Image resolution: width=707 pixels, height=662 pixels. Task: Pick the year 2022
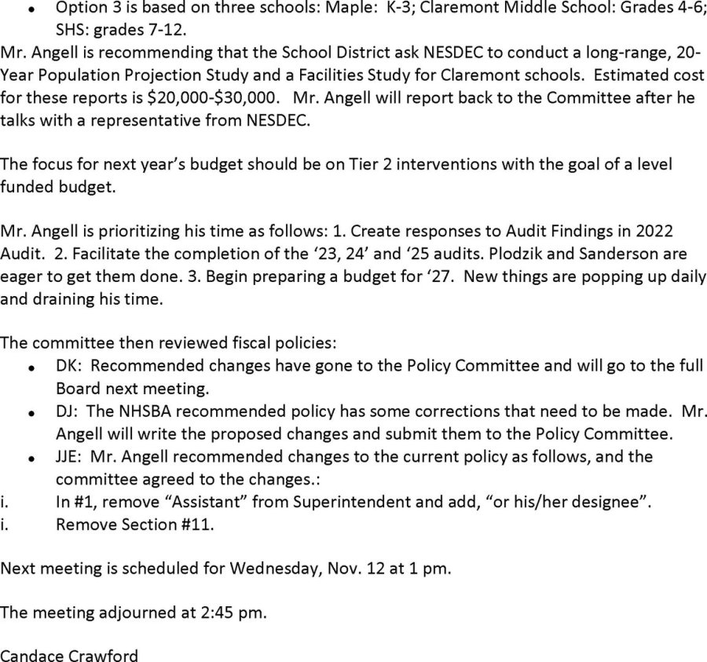tap(669, 232)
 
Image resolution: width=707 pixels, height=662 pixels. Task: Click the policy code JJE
tap(68, 456)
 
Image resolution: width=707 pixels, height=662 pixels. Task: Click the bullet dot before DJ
tap(30, 412)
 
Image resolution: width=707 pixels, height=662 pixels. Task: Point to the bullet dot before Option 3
tap(30, 10)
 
